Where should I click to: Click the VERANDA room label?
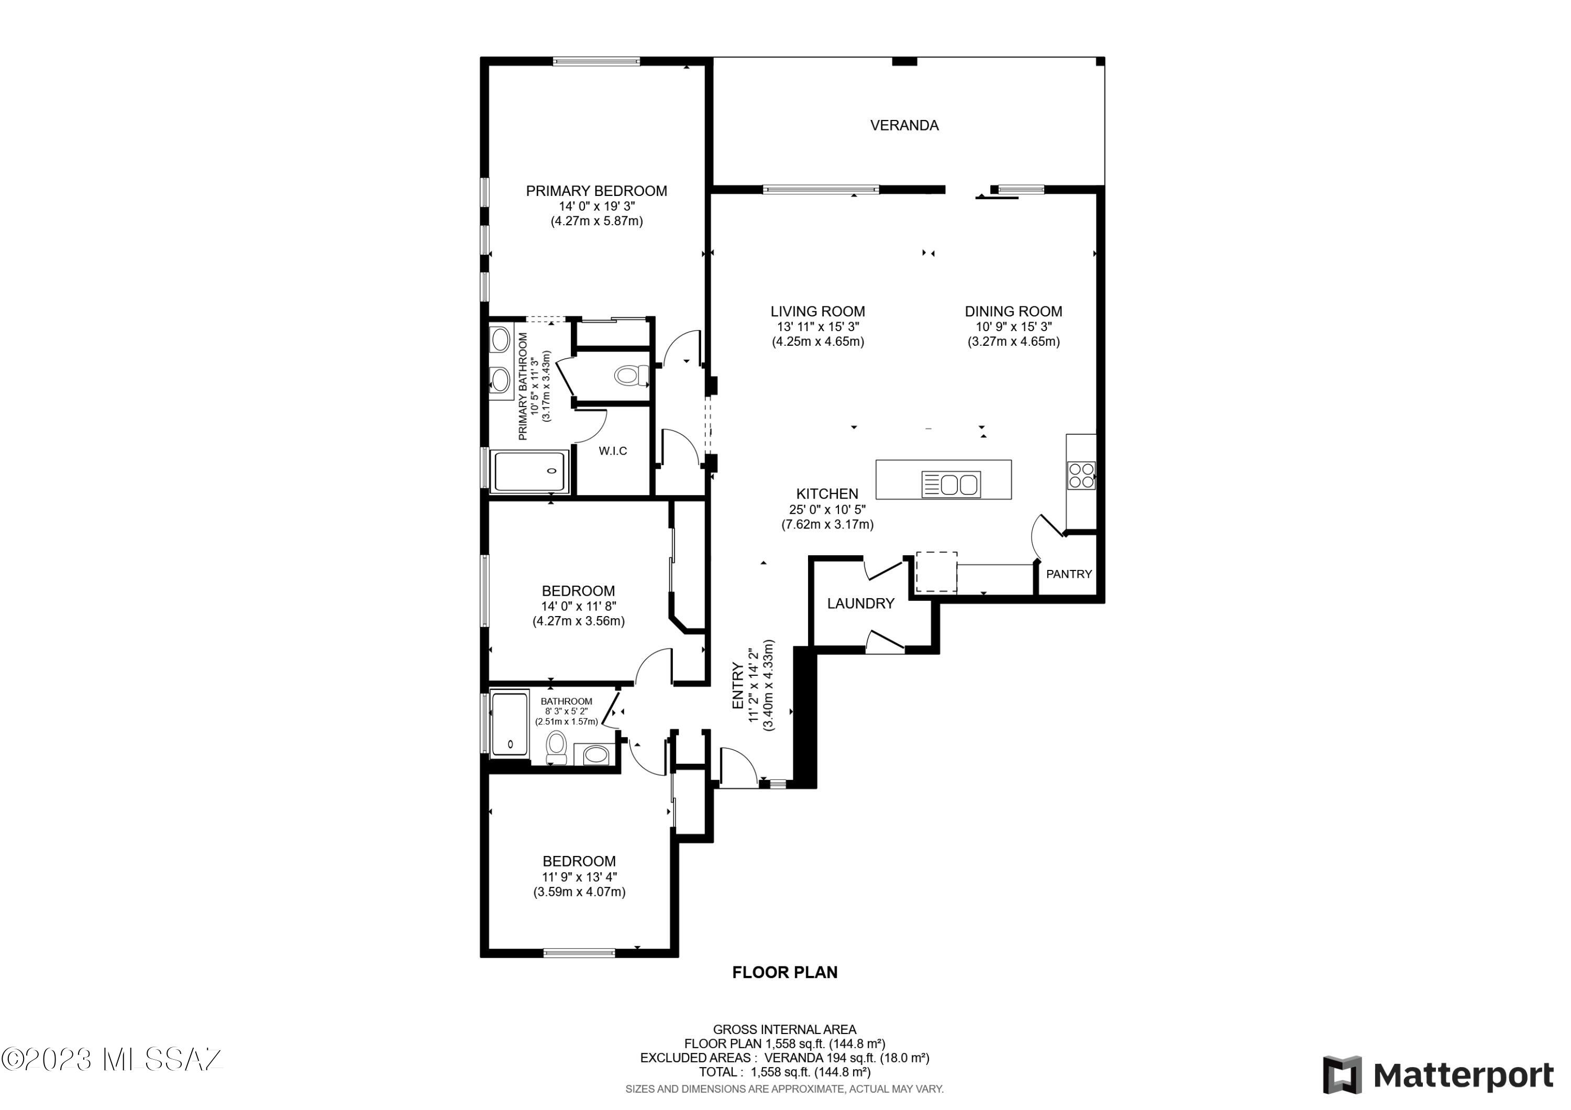pyautogui.click(x=904, y=125)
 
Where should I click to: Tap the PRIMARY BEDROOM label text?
pyautogui.click(x=596, y=191)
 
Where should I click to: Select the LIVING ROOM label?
pyautogui.click(x=817, y=311)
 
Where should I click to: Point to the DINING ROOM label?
pyautogui.click(x=1013, y=311)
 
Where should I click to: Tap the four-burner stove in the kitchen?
pyautogui.click(x=1081, y=476)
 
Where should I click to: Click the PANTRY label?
pyautogui.click(x=1069, y=574)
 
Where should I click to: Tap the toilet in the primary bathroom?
pyautogui.click(x=631, y=375)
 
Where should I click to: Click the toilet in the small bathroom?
pyautogui.click(x=557, y=748)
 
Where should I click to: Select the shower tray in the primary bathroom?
pyautogui.click(x=531, y=471)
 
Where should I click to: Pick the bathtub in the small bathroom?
pyautogui.click(x=510, y=724)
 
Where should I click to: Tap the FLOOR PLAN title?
pyautogui.click(x=785, y=972)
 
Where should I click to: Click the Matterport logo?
pyautogui.click(x=1437, y=1075)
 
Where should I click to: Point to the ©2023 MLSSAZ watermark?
pyautogui.click(x=111, y=1059)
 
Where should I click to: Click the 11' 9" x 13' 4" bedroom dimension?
pyautogui.click(x=579, y=877)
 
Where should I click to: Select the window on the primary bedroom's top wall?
pyautogui.click(x=596, y=62)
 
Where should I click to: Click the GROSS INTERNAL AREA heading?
pyautogui.click(x=784, y=1029)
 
